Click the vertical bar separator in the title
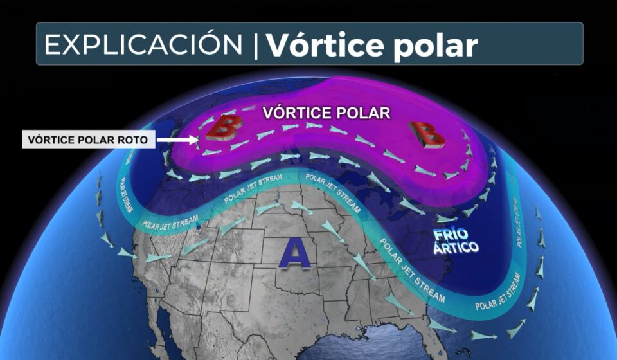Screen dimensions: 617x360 pyautogui.click(x=256, y=45)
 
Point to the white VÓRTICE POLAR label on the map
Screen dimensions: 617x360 pyautogui.click(x=327, y=113)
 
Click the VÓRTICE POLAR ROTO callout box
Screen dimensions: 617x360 pyautogui.click(x=88, y=139)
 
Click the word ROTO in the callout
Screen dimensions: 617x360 pyautogui.click(x=137, y=139)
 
